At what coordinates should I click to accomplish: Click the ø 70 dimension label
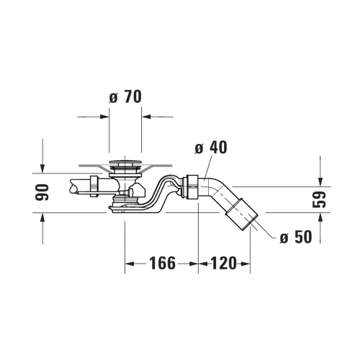click(126, 96)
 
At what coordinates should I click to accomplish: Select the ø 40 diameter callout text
click(210, 148)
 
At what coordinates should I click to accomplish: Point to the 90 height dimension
click(43, 192)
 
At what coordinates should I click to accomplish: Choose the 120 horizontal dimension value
click(224, 263)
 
